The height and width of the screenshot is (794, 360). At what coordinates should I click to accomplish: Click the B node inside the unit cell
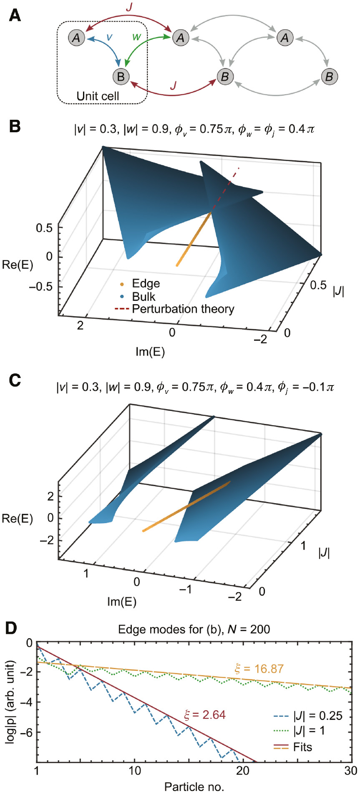[121, 76]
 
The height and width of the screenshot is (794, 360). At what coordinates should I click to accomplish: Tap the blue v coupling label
[109, 37]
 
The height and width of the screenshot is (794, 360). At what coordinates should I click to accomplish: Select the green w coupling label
[136, 37]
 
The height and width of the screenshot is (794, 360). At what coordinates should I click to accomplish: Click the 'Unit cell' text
[98, 96]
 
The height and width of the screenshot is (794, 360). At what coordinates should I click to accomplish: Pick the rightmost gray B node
[329, 76]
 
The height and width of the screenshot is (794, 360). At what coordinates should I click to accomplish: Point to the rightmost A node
[285, 38]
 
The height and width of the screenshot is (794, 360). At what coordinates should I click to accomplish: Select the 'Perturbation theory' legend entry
[183, 309]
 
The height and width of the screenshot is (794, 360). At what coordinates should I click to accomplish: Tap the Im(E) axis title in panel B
[150, 352]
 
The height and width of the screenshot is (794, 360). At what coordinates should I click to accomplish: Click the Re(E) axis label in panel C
[17, 518]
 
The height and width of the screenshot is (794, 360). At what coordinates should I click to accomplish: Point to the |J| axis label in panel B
[338, 291]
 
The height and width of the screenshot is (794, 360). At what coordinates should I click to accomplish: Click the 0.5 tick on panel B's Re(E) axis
[44, 228]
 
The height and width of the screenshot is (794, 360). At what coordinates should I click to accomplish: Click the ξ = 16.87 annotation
[259, 669]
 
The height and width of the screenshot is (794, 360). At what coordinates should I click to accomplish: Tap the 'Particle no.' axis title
[194, 787]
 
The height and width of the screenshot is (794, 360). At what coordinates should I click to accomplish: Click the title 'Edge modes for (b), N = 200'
[194, 629]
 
